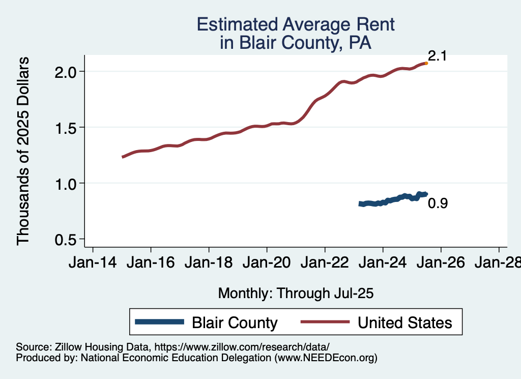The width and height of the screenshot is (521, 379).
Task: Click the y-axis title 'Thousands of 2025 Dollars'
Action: (x=23, y=151)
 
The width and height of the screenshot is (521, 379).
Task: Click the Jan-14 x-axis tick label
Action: (x=93, y=263)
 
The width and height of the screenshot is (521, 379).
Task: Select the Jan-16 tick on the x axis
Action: (x=151, y=263)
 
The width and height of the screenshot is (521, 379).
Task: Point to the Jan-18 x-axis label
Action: (x=209, y=263)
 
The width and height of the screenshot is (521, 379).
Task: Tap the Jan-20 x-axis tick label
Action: (x=267, y=263)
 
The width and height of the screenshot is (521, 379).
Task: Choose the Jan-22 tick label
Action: (x=325, y=263)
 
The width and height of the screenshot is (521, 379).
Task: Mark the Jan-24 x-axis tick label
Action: (x=383, y=263)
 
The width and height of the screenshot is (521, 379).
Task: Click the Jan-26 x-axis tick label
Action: (x=441, y=263)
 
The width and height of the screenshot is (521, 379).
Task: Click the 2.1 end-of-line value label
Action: (x=437, y=56)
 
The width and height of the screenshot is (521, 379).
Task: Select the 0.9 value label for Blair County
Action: (x=438, y=203)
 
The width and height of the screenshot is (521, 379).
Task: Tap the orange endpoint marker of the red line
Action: (x=426, y=63)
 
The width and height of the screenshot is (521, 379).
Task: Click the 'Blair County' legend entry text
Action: (x=235, y=323)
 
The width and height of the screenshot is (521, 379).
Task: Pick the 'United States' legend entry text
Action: (x=404, y=323)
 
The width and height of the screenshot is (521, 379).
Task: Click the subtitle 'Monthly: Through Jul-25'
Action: (x=296, y=293)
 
